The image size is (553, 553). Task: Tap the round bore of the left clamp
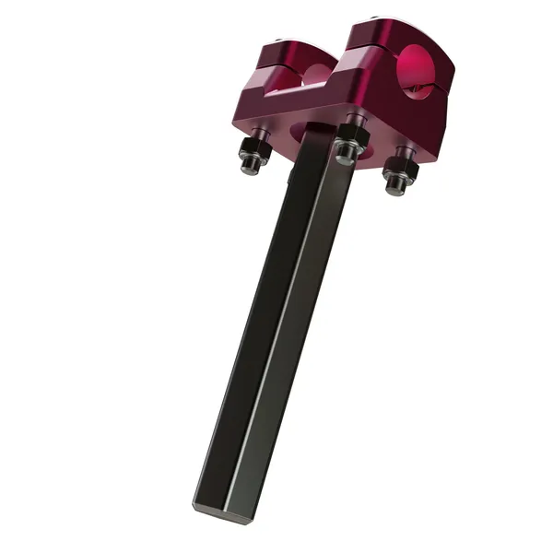point(315,74)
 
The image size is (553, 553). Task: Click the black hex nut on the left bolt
point(253,148)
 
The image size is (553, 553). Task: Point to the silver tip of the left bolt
point(248,166)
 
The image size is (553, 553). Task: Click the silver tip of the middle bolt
point(345,158)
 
